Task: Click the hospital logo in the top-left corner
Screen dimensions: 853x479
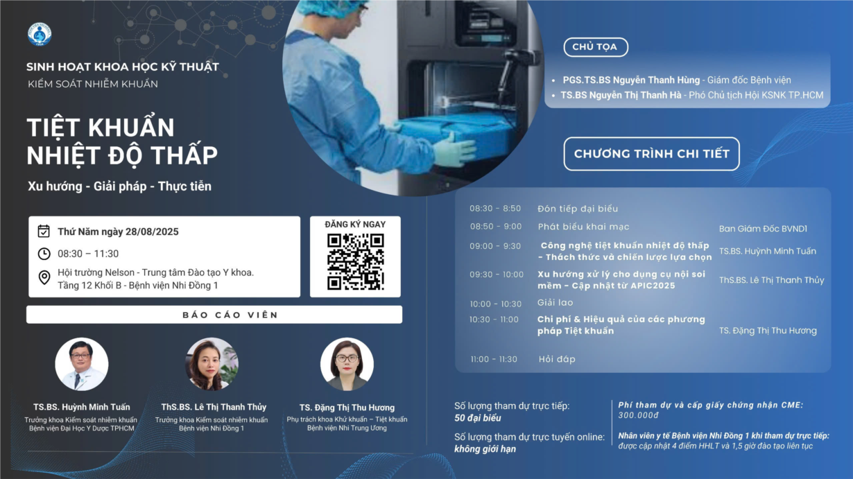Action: point(40,34)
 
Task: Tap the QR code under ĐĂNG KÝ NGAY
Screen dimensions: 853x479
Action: point(355,262)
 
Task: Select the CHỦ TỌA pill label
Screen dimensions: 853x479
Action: point(596,47)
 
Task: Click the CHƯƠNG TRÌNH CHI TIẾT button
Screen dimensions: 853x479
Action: point(652,153)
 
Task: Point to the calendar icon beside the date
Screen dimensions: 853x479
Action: point(44,231)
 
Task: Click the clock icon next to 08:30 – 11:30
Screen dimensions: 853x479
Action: point(44,254)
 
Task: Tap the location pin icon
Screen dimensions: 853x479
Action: point(44,277)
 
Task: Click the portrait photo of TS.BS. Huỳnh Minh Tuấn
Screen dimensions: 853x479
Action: point(82,364)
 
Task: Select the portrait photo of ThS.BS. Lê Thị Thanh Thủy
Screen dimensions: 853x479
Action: point(212,364)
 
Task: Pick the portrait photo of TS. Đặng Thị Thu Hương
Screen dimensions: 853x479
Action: point(347,364)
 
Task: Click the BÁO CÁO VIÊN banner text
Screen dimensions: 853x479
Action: point(230,315)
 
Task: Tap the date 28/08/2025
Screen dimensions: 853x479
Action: point(152,232)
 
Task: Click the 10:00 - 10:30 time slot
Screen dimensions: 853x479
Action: point(495,304)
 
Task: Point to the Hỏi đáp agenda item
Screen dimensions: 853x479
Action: point(557,359)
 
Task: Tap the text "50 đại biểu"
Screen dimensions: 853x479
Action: point(478,418)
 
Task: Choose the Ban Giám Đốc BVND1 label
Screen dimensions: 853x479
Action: point(763,229)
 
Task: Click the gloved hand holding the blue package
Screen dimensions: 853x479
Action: point(456,150)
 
